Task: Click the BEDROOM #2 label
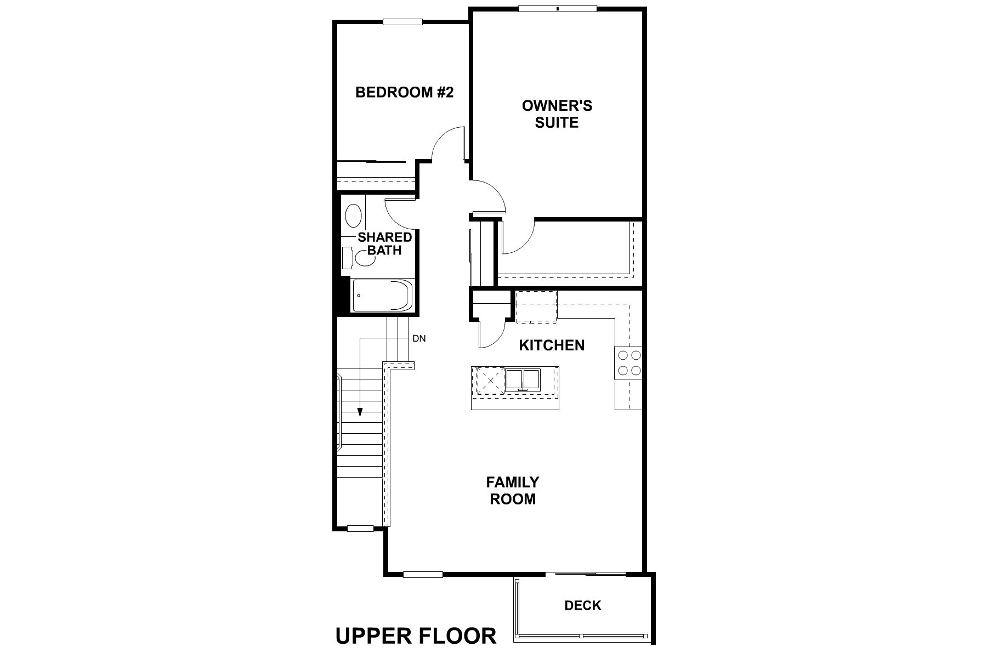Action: point(404,92)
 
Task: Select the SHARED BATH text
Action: point(384,244)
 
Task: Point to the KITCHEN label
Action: point(552,345)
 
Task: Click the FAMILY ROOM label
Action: point(513,490)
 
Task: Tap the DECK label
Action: point(583,605)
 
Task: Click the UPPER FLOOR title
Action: point(416,636)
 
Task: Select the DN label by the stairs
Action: point(419,339)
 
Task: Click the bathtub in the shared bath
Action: point(382,296)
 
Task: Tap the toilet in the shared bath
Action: point(362,257)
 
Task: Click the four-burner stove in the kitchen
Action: point(628,362)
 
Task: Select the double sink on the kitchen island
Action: point(523,379)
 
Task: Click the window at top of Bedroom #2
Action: point(402,22)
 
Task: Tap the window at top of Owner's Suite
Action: point(557,8)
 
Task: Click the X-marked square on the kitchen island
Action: point(490,380)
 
